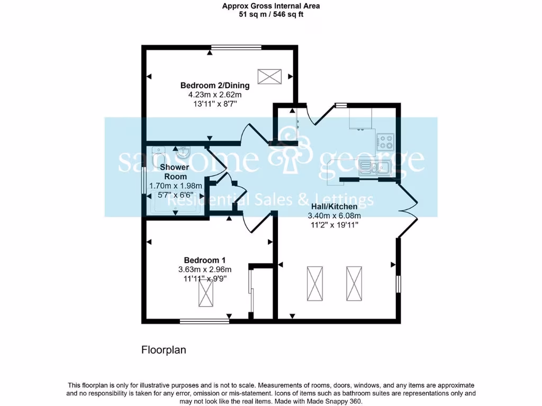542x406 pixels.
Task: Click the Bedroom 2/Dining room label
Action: coord(215,85)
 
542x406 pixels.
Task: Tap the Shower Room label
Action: coord(175,172)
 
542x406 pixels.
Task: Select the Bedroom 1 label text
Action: coord(205,260)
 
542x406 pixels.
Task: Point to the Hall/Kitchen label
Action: coord(334,207)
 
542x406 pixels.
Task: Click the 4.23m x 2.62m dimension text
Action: coord(215,95)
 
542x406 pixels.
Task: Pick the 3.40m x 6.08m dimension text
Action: coord(334,216)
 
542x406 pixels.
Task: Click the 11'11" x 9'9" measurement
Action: coord(205,278)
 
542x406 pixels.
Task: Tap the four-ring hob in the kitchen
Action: coord(385,141)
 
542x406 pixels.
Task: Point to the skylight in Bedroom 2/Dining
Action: coord(270,77)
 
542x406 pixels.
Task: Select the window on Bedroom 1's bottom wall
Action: coord(204,320)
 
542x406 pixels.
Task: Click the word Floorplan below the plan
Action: coord(164,350)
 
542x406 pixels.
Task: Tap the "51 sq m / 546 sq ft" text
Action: coord(271,14)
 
